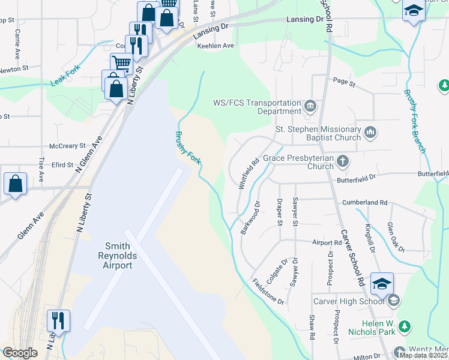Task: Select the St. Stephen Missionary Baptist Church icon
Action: pyautogui.click(x=370, y=132)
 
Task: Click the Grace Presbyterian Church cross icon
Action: pyautogui.click(x=342, y=161)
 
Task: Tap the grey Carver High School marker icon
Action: pyautogui.click(x=394, y=301)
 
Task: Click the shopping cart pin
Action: pyautogui.click(x=121, y=62)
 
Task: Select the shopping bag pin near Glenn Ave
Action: pyautogui.click(x=15, y=183)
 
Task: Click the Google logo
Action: pyautogui.click(x=20, y=353)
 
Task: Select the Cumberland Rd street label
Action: pyautogui.click(x=364, y=203)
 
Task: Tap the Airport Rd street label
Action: pyautogui.click(x=331, y=243)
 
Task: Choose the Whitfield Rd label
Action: pyautogui.click(x=249, y=174)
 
